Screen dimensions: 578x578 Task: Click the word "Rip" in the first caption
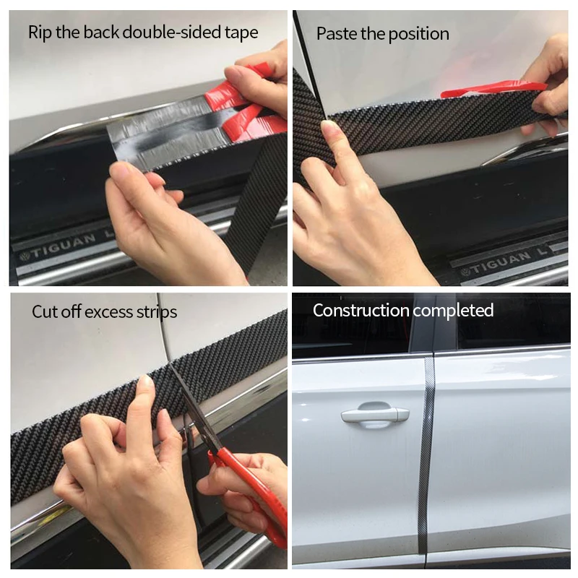click(40, 33)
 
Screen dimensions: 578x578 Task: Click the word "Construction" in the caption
click(361, 311)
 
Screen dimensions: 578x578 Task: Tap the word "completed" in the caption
click(453, 311)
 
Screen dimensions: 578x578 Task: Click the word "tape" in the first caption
click(241, 33)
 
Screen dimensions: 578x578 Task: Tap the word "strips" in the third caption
click(157, 313)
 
